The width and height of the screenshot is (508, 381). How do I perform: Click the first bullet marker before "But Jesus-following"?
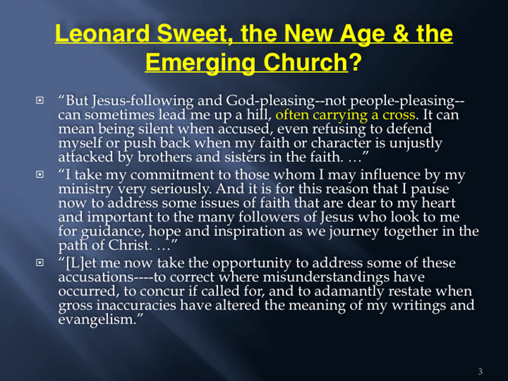click(39, 100)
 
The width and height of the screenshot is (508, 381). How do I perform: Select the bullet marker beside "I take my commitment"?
click(39, 174)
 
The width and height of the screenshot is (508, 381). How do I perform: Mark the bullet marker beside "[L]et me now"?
click(39, 262)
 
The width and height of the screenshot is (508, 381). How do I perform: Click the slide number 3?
click(480, 372)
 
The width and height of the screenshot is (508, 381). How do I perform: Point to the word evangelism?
click(96, 320)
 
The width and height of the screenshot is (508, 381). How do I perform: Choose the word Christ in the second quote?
click(129, 244)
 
